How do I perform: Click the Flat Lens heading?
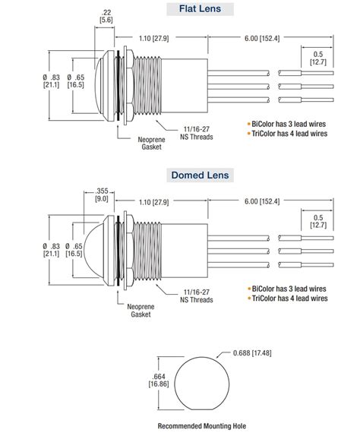pos(200,10)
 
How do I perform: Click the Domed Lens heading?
pos(200,175)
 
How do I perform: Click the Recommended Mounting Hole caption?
pos(201,427)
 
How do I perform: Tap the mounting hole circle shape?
pos(201,384)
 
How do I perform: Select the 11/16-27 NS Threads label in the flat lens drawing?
pos(195,134)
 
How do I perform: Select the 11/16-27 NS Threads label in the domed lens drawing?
pos(197,296)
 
